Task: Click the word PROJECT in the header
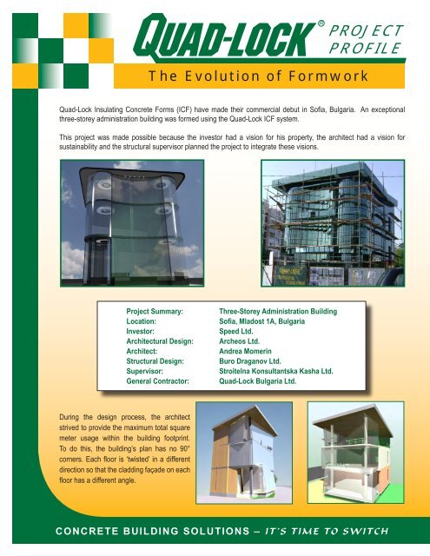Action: coord(365,30)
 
